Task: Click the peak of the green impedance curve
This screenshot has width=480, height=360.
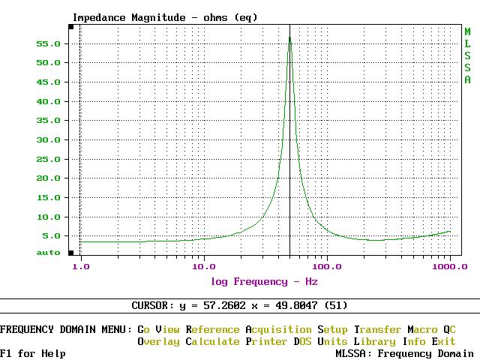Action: click(x=289, y=37)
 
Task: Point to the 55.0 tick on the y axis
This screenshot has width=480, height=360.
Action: click(x=49, y=43)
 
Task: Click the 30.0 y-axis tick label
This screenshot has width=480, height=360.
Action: click(x=49, y=140)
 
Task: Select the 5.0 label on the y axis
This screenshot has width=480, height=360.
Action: click(x=52, y=236)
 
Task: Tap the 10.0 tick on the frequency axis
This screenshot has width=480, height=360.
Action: click(x=203, y=266)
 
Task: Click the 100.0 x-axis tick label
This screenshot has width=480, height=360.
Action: click(x=326, y=266)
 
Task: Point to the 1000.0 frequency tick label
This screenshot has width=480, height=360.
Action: click(x=450, y=266)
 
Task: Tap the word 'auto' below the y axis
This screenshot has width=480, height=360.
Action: click(x=49, y=253)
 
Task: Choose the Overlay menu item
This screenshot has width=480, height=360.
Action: click(x=158, y=341)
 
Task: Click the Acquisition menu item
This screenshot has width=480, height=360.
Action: click(x=278, y=329)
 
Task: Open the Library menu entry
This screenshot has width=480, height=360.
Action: click(x=374, y=341)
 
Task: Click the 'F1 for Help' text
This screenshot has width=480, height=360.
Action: click(x=33, y=353)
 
